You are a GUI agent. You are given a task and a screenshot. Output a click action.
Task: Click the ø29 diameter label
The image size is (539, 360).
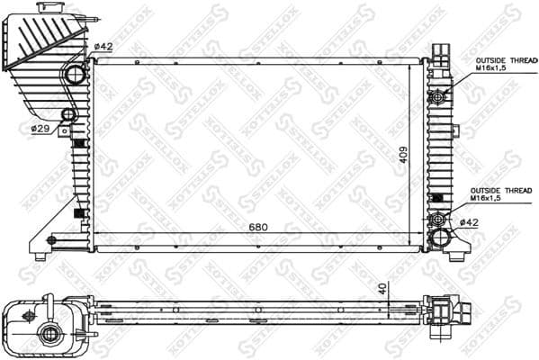pos(40,129)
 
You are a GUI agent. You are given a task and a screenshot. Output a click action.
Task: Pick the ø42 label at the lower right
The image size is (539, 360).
pos(469,221)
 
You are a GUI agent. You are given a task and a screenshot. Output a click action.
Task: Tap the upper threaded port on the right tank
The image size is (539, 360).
pos(439,96)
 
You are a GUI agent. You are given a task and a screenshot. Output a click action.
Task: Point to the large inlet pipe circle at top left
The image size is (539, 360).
pos(75,74)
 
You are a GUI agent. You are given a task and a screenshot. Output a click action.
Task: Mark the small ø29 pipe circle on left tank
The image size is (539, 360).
pos(67,115)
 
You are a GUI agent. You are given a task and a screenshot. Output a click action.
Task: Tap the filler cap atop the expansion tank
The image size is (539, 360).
pos(47,7)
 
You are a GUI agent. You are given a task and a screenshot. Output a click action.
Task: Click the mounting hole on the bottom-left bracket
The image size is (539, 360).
pos(50,239)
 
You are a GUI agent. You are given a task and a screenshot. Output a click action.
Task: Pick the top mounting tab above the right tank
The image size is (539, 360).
pos(438,51)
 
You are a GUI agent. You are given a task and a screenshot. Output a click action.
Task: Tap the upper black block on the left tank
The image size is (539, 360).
pos(78,142)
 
